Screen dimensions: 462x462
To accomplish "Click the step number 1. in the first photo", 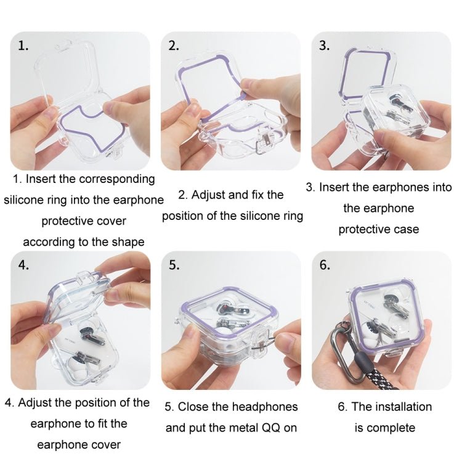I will coord(23,47).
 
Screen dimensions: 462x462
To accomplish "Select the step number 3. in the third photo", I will coord(325,47).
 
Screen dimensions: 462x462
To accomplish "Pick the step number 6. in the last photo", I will coord(325,265).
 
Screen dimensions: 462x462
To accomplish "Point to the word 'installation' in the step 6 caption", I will coord(402,407).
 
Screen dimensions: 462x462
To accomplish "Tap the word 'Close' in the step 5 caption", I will coord(201,407).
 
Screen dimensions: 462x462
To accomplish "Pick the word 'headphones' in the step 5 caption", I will coord(265,407).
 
